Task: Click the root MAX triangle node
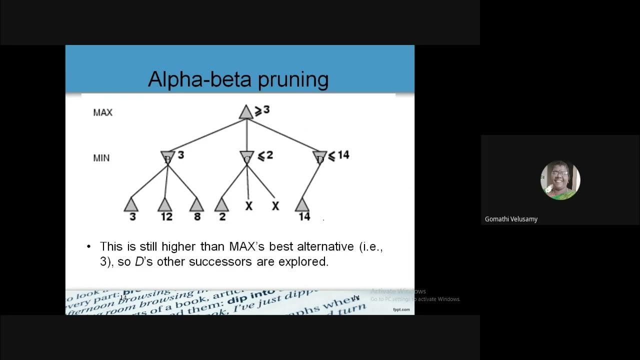(x=245, y=112)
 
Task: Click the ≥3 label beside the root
(x=262, y=110)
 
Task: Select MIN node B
(x=167, y=157)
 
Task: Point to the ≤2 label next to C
(x=265, y=155)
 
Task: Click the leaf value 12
(x=166, y=216)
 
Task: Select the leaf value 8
(x=196, y=216)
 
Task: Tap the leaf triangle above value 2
(x=221, y=204)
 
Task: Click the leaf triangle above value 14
(x=301, y=204)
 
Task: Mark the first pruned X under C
(x=248, y=205)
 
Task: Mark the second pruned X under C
(x=275, y=205)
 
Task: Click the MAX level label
(x=102, y=112)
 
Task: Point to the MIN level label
(x=101, y=158)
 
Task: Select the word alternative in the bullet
(x=326, y=246)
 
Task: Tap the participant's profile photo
(x=560, y=180)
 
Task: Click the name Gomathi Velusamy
(x=511, y=219)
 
